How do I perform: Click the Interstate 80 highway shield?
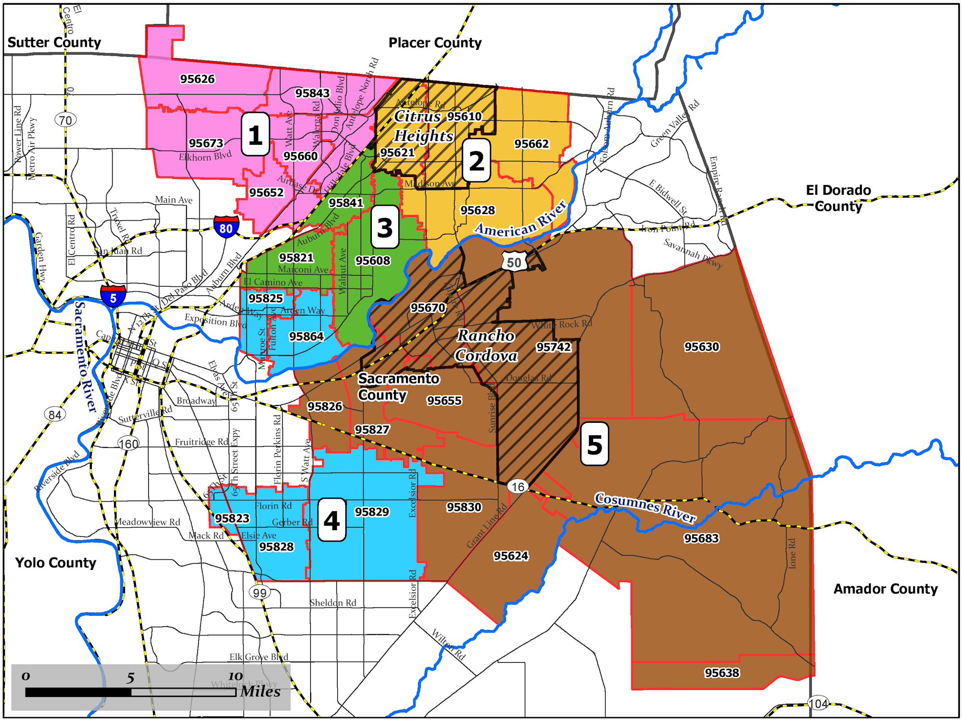226,227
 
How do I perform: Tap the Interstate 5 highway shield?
113,296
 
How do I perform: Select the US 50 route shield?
514,262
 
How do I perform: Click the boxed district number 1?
255,135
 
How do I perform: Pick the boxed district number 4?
332,520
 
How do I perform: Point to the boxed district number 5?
595,444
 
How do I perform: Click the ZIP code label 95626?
197,79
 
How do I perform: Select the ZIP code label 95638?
721,673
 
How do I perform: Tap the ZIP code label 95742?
553,347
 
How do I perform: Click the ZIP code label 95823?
232,518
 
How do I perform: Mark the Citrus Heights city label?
423,126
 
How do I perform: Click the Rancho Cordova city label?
486,345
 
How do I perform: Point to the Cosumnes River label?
645,507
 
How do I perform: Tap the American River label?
521,221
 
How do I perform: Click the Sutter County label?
54,42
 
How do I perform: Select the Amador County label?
886,589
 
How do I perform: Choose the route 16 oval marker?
518,487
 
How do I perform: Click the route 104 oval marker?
818,703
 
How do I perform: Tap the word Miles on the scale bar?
260,691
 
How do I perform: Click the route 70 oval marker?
65,120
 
